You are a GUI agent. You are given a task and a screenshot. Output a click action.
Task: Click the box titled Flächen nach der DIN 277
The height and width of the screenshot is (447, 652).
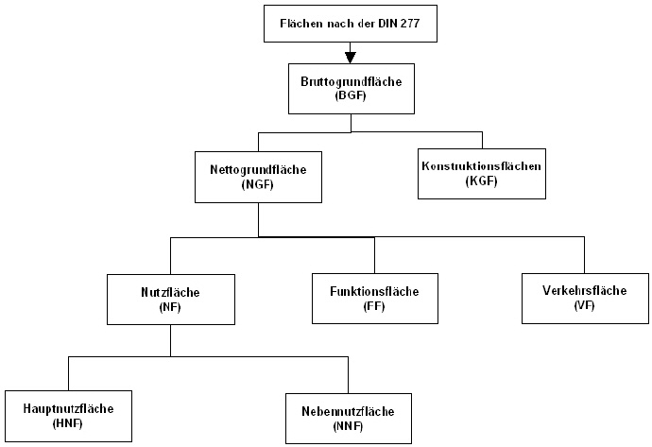pos(351,24)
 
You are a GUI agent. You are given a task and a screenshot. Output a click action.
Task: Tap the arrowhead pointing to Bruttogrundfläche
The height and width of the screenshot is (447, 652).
pos(351,59)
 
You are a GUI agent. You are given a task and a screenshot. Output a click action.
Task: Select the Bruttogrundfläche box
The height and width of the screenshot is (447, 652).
pos(352,89)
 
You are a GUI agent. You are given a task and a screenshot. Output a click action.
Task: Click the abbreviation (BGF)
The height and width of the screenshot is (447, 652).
pos(351,95)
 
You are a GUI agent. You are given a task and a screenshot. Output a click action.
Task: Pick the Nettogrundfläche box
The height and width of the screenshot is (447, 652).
pos(258,177)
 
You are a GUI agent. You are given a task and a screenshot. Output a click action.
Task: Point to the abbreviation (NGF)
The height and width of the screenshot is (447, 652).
pos(258,184)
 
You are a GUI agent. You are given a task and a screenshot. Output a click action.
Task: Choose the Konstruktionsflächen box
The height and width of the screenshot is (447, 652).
pos(482,174)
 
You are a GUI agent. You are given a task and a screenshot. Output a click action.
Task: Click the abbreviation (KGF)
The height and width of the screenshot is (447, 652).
pos(482,181)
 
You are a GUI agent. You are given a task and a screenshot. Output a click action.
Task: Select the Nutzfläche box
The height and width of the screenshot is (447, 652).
pos(171,300)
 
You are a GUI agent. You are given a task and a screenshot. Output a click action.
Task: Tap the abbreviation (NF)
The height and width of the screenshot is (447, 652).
pos(170,307)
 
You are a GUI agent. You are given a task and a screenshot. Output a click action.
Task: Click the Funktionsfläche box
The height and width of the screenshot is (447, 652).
pos(375,299)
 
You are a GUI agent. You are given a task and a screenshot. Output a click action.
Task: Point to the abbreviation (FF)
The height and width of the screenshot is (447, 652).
pos(374,306)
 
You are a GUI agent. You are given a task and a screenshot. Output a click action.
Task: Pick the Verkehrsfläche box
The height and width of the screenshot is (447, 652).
pos(585,298)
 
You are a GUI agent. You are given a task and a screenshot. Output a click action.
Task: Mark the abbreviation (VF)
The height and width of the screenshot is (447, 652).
pos(584,305)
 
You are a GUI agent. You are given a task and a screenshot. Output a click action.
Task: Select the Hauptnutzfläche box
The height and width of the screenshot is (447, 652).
pos(69,416)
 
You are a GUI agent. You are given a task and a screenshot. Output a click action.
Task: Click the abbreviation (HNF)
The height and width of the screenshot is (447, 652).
pos(68,423)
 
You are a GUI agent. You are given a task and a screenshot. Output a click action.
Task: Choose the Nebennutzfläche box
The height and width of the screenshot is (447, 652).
pos(349,419)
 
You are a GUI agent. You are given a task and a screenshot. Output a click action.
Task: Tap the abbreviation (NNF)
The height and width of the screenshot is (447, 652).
pos(348,426)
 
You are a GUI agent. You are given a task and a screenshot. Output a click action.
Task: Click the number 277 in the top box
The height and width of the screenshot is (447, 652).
pos(410,24)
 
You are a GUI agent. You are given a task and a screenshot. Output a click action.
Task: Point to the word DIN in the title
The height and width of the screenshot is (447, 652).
pos(387,24)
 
